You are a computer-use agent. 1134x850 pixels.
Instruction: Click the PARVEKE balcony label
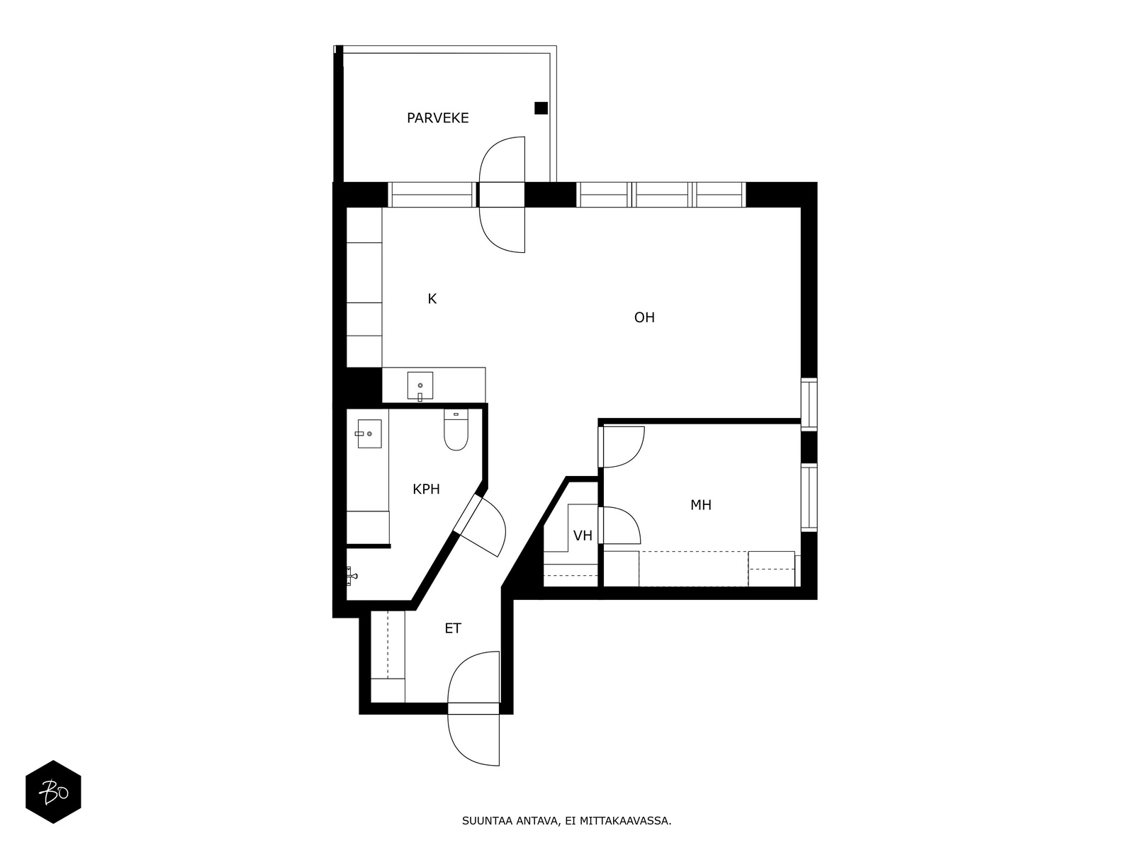(x=437, y=118)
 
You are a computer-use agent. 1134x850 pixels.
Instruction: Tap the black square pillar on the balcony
(x=540, y=108)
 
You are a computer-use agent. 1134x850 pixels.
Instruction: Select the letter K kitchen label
(x=432, y=299)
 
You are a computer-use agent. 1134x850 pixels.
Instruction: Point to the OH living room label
(x=644, y=317)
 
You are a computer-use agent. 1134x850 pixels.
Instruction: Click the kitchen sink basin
(x=420, y=385)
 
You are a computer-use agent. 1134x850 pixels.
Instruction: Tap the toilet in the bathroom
(x=456, y=429)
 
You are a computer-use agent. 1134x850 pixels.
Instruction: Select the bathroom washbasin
(x=369, y=433)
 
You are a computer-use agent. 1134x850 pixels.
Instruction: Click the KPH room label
(x=426, y=489)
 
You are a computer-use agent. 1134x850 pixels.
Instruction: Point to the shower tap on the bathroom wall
(x=352, y=575)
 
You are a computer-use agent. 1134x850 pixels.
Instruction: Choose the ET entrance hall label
(x=453, y=628)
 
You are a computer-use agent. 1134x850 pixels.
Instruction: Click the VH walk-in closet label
(x=583, y=535)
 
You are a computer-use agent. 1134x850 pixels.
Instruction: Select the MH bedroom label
(x=700, y=505)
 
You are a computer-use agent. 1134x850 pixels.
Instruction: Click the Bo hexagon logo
(x=53, y=792)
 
